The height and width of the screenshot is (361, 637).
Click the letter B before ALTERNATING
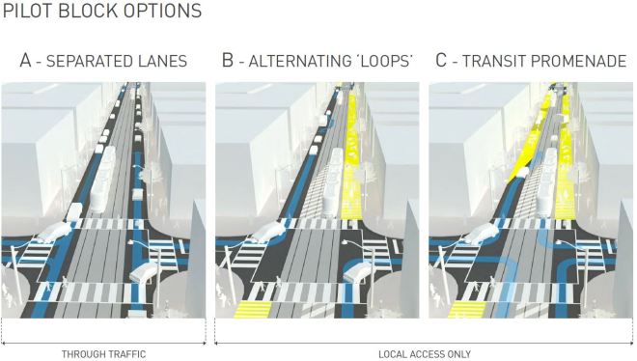point(227,61)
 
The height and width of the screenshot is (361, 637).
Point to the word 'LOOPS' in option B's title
point(383,61)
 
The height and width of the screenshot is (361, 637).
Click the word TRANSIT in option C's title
point(492,61)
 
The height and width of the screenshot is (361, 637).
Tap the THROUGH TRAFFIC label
point(103,354)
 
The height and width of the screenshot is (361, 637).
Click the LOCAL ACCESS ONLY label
point(425,354)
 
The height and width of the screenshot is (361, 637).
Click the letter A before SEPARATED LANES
point(26,61)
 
